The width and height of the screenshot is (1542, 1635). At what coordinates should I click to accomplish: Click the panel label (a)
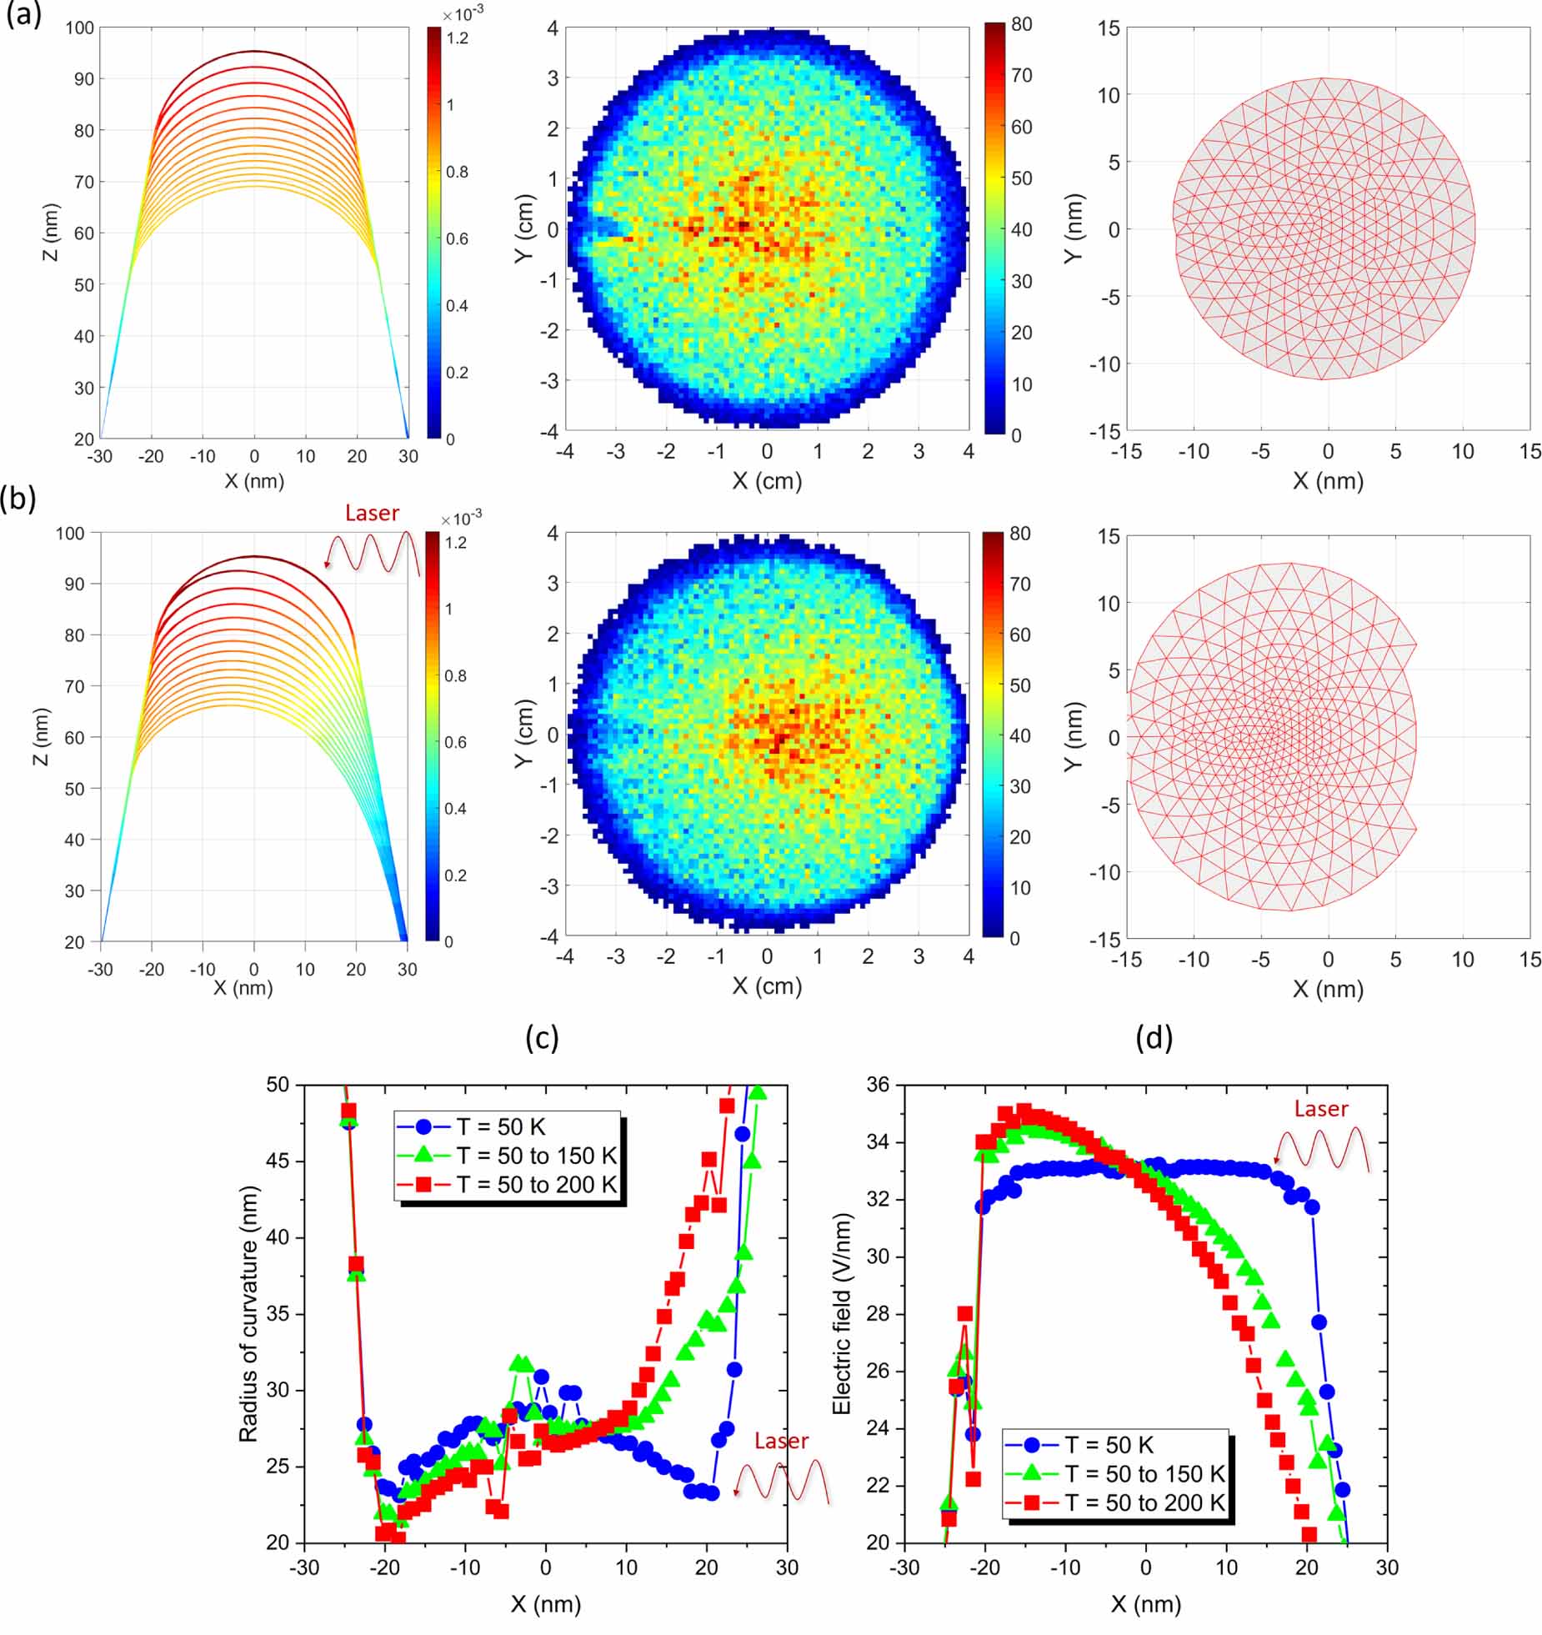[x=23, y=16]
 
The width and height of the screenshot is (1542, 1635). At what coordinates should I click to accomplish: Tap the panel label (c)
[x=542, y=1037]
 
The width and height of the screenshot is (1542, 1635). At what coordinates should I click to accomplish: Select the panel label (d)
[x=1154, y=1037]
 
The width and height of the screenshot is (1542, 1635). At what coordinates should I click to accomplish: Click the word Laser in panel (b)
[x=372, y=513]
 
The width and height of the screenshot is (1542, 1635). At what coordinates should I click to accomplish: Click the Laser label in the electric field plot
[x=1321, y=1109]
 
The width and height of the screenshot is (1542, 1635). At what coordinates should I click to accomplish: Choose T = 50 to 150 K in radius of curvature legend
[x=536, y=1156]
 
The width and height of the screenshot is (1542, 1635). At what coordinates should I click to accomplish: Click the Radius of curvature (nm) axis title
[x=248, y=1314]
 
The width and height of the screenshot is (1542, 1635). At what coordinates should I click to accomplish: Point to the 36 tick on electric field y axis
[x=879, y=1085]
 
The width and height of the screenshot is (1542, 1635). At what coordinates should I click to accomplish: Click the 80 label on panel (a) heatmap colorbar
[x=1021, y=24]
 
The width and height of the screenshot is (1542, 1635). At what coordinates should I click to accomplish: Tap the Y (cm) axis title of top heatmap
[x=524, y=229]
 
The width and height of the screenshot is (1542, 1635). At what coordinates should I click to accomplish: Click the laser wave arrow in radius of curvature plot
[x=781, y=1482]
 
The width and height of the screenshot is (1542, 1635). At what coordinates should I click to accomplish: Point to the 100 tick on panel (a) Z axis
[x=80, y=28]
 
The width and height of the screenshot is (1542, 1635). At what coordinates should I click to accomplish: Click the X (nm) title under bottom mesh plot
[x=1328, y=989]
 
